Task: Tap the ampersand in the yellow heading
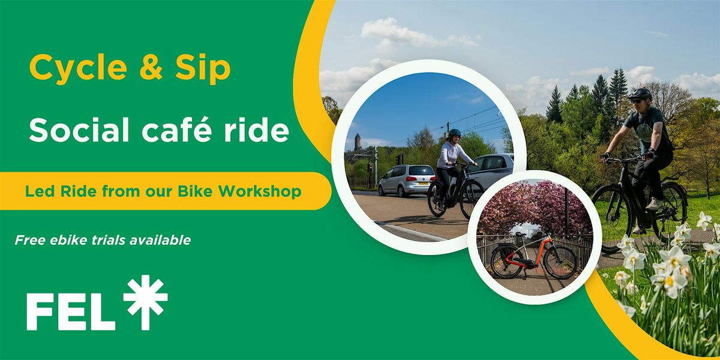coord(151,67)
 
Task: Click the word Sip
coord(203,69)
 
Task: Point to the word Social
coord(79,130)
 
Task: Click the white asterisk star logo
coord(146,302)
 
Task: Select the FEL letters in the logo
coord(71,311)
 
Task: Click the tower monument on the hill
coord(358,142)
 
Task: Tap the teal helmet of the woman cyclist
coord(455,132)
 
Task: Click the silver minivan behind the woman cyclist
coord(407,180)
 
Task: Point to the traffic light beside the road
coord(370,167)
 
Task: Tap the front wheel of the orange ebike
coord(560,262)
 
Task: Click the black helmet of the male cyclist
coord(640,94)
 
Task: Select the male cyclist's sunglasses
coord(636,101)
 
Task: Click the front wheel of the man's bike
coord(613,218)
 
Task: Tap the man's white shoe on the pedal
coord(654,205)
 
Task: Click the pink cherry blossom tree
coord(533,206)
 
